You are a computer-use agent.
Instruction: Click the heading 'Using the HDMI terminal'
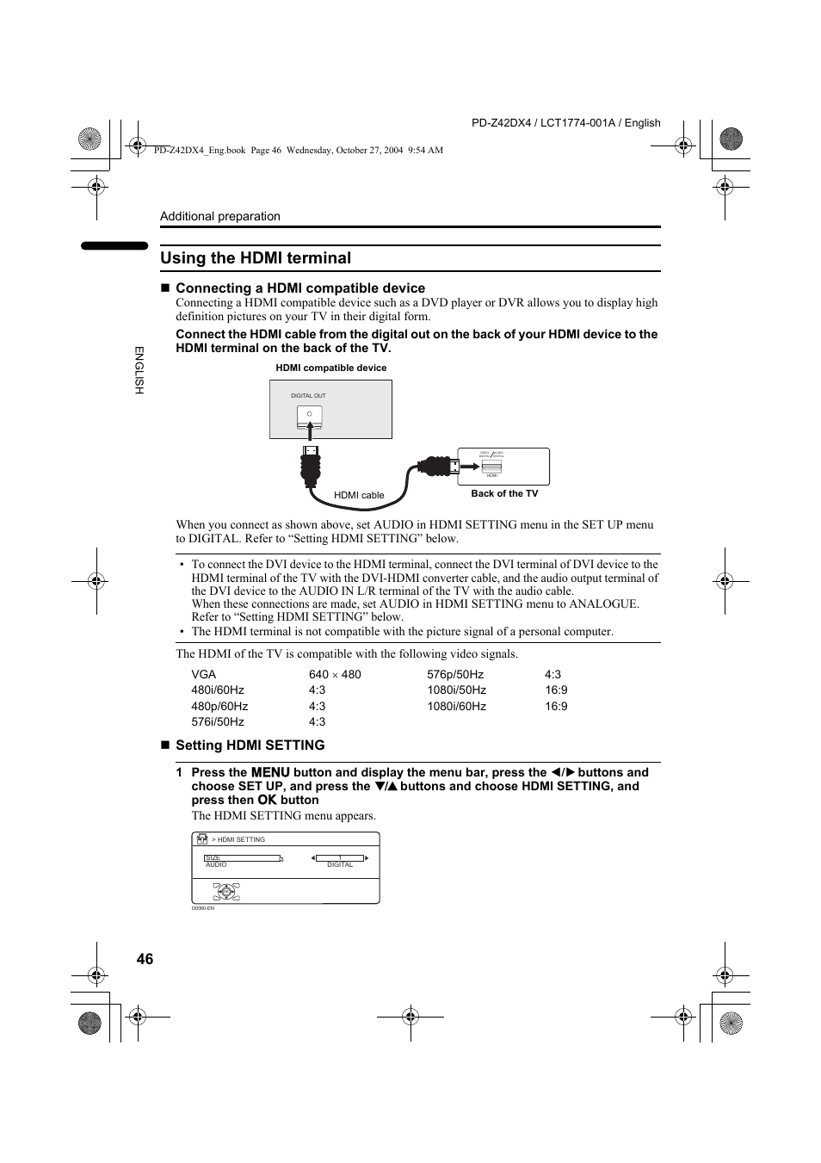click(256, 258)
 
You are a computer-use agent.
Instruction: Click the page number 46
click(145, 959)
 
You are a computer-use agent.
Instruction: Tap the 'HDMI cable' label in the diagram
click(359, 495)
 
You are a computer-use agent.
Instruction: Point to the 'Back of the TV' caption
click(504, 493)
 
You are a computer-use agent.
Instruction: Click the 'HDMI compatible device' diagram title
click(330, 368)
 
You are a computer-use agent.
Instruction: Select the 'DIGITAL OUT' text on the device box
click(308, 396)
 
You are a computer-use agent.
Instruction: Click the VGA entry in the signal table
click(204, 674)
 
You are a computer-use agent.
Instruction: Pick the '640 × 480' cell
click(335, 674)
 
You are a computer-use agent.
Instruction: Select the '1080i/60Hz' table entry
click(456, 706)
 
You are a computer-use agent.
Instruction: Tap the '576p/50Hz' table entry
click(454, 674)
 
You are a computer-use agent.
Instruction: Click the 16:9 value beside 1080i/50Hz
click(556, 690)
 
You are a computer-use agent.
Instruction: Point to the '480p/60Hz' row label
click(219, 706)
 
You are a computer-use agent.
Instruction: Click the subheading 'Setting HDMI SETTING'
click(250, 745)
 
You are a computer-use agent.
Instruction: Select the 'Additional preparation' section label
click(220, 216)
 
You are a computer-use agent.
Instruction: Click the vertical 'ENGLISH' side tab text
click(139, 370)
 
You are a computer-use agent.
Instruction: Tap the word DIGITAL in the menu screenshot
click(340, 864)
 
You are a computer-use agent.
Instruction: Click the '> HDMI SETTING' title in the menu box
click(238, 839)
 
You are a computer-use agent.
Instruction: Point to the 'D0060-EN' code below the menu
click(202, 908)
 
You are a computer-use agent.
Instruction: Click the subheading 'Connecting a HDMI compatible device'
click(299, 288)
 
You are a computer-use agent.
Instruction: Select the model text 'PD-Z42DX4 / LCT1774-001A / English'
click(565, 123)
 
